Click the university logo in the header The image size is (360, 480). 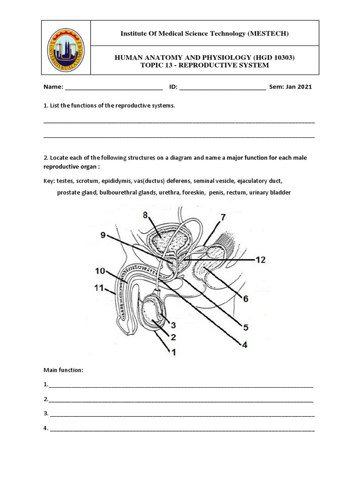tap(65, 48)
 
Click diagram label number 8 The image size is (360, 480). tap(145, 215)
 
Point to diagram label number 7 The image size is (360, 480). tap(222, 217)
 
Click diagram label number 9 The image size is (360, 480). tap(103, 235)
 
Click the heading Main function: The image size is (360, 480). tap(63, 370)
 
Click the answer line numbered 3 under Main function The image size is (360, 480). tap(182, 414)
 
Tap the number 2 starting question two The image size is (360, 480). tap(45, 158)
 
